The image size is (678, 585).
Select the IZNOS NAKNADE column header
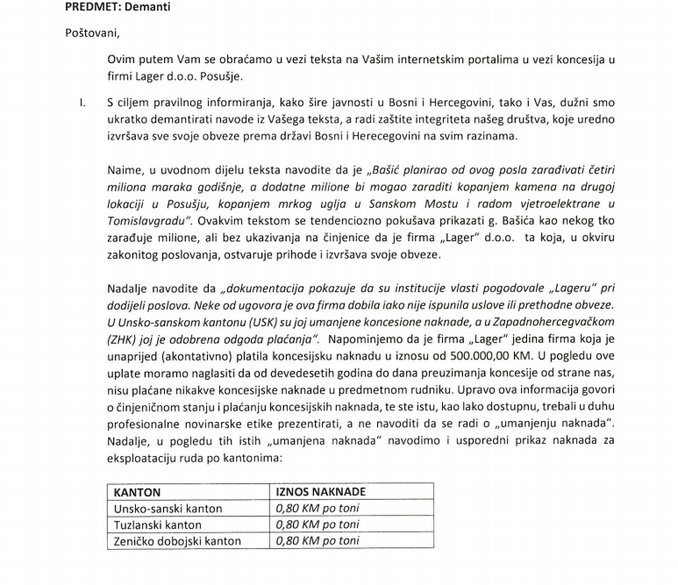click(x=321, y=492)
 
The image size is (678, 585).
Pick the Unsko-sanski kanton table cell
click(x=168, y=509)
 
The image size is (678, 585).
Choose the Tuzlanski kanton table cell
click(x=158, y=524)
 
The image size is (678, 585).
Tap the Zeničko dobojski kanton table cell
click(x=177, y=541)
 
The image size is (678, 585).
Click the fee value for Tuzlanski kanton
click(x=318, y=524)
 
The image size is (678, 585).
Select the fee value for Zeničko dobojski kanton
click(x=318, y=541)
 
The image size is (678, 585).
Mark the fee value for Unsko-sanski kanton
click(x=318, y=509)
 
